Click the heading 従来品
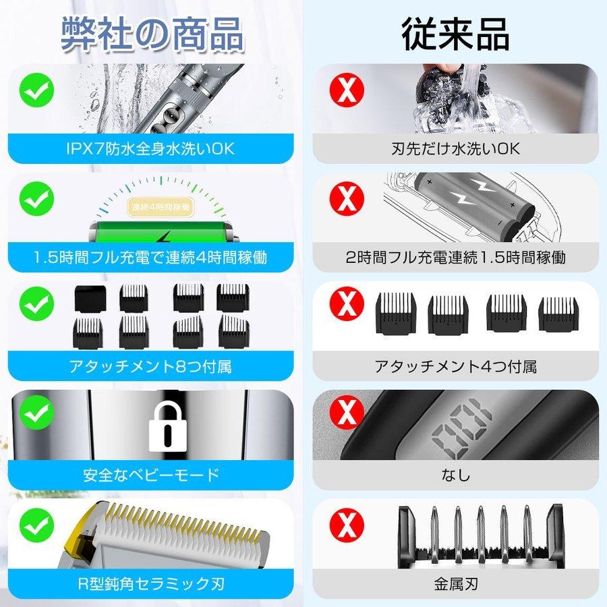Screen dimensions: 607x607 455,33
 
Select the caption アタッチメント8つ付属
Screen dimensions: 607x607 152,367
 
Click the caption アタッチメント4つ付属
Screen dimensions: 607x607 455,367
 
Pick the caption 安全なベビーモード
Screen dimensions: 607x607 152,475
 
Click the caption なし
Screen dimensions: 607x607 455,475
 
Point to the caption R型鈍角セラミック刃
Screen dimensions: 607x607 152,584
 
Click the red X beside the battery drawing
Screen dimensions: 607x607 345,198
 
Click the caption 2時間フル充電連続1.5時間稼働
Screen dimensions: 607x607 455,257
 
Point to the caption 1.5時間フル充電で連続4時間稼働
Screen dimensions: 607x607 152,257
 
